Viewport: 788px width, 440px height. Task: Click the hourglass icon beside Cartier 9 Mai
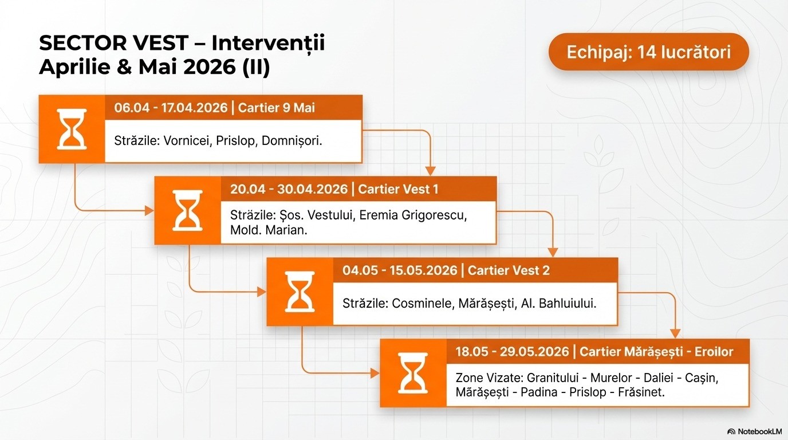72,129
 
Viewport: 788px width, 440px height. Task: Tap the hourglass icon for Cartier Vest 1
187,210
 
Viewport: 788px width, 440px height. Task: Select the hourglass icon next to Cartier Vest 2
300,292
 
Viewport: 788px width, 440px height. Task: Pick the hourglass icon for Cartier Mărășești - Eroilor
413,373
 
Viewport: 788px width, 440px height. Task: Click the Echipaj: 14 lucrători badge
649,52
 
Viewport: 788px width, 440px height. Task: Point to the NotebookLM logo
755,431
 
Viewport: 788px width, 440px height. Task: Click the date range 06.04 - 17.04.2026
171,108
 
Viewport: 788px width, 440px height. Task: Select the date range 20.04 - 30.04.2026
289,190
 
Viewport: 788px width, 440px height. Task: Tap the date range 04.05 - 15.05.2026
400,270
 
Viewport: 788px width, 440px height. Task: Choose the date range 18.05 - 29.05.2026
512,352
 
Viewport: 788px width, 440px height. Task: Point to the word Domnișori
291,141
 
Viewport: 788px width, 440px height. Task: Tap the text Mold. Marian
269,230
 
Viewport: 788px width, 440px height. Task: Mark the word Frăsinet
641,392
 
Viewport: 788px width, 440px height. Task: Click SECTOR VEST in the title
113,43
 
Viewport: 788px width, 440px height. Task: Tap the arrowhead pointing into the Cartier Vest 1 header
431,171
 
